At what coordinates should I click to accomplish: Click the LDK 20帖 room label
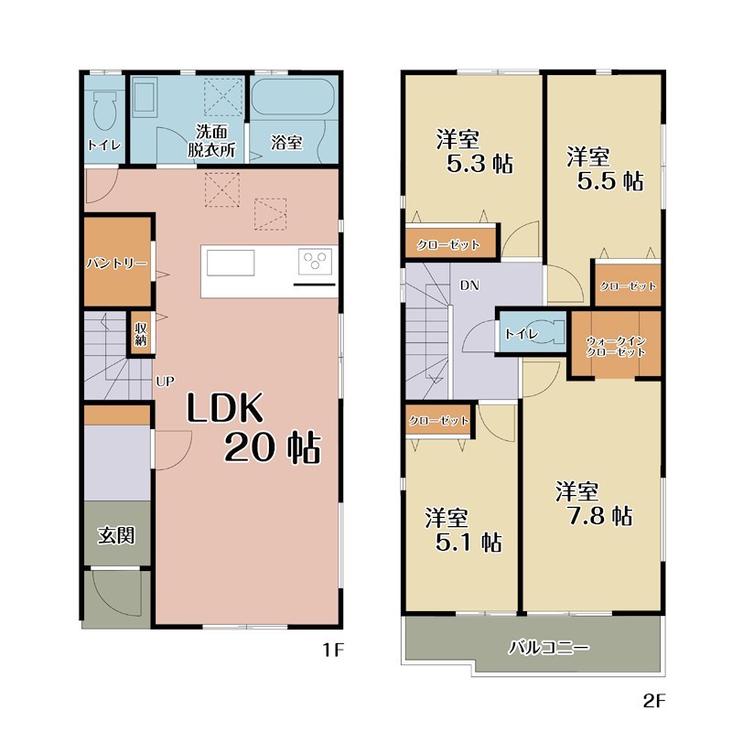point(253,428)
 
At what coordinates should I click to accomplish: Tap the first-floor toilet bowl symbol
point(104,111)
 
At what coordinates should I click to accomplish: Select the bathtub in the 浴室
point(293,97)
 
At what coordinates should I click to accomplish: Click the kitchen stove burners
point(315,261)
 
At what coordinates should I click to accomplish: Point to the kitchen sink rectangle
point(231,263)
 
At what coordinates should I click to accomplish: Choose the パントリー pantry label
point(117,264)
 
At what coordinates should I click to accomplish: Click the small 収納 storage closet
point(141,334)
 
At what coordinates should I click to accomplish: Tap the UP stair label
point(165,382)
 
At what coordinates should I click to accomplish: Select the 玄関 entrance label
point(116,535)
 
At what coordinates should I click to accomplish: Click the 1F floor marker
point(333,650)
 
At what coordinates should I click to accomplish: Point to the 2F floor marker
point(653,701)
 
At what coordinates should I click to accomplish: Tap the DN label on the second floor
point(469,285)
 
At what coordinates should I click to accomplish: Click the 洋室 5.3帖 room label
point(474,151)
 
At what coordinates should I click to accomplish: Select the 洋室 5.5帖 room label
point(605,168)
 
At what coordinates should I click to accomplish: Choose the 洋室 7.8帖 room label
point(594,504)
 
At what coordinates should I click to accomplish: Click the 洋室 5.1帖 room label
point(463,530)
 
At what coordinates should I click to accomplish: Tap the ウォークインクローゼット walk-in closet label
point(616,347)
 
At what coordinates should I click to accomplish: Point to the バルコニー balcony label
point(549,648)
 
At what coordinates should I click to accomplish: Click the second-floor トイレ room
point(533,332)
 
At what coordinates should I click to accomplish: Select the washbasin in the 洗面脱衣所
point(145,97)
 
